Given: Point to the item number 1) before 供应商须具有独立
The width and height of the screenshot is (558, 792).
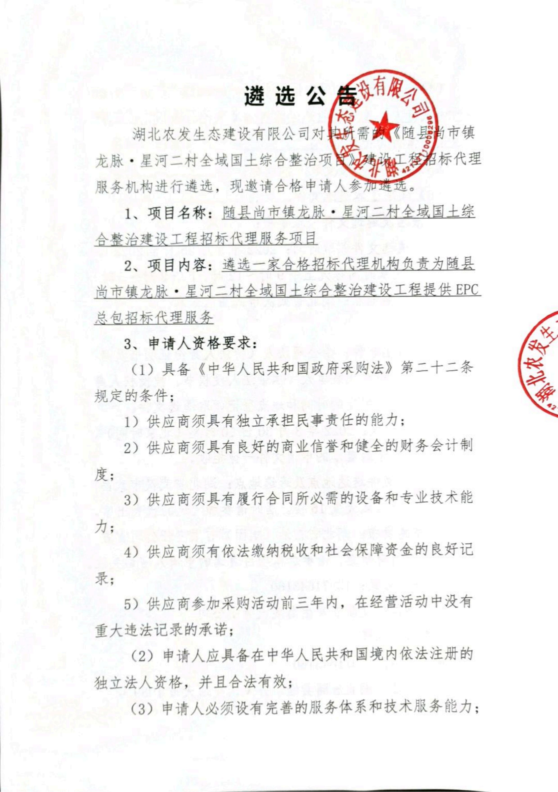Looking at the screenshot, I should point(131,422).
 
